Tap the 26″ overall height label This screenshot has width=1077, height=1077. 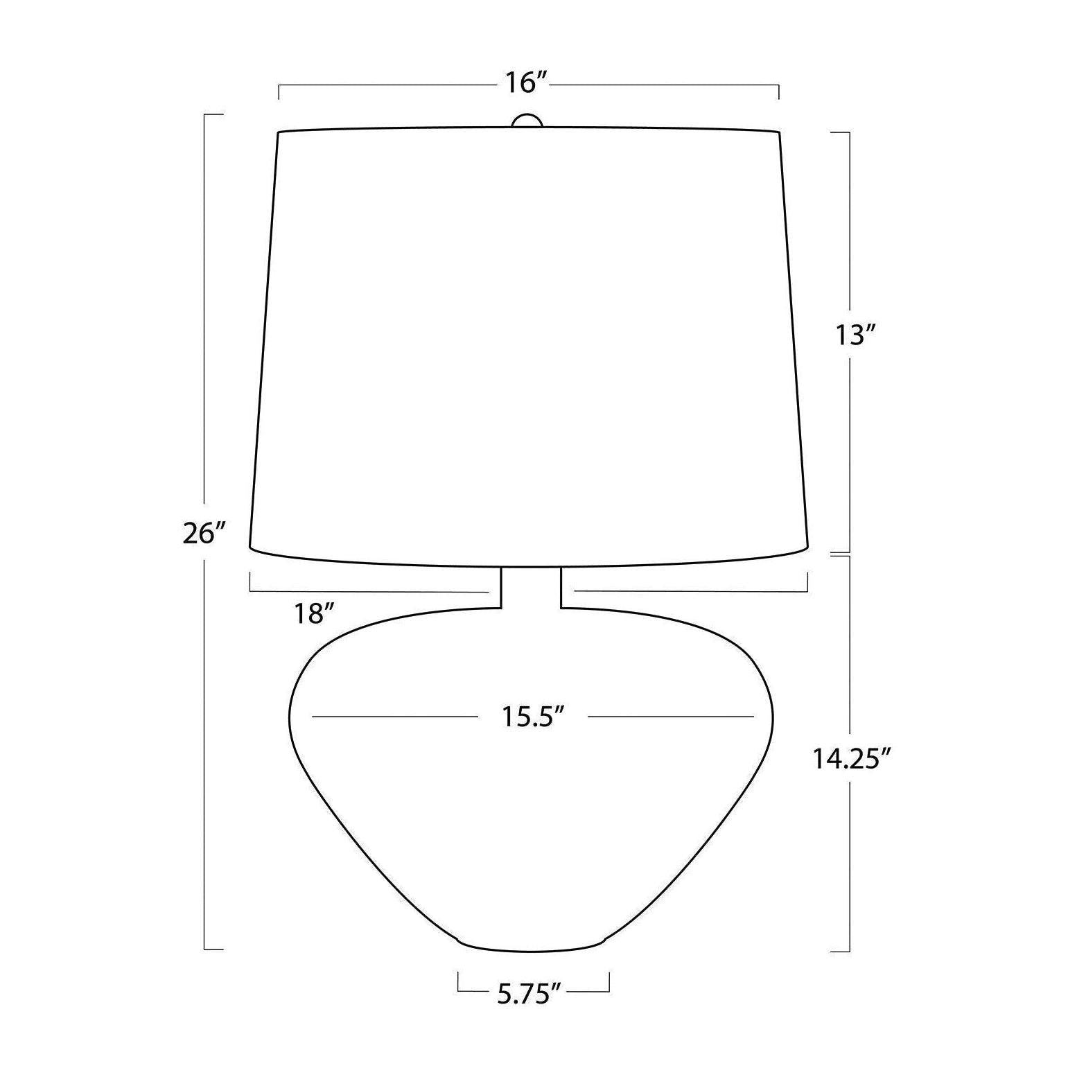pos(205,534)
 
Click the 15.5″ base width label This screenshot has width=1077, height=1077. pos(531,717)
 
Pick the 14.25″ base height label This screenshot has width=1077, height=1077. pos(851,760)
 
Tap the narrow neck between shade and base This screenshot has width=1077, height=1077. pos(531,588)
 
